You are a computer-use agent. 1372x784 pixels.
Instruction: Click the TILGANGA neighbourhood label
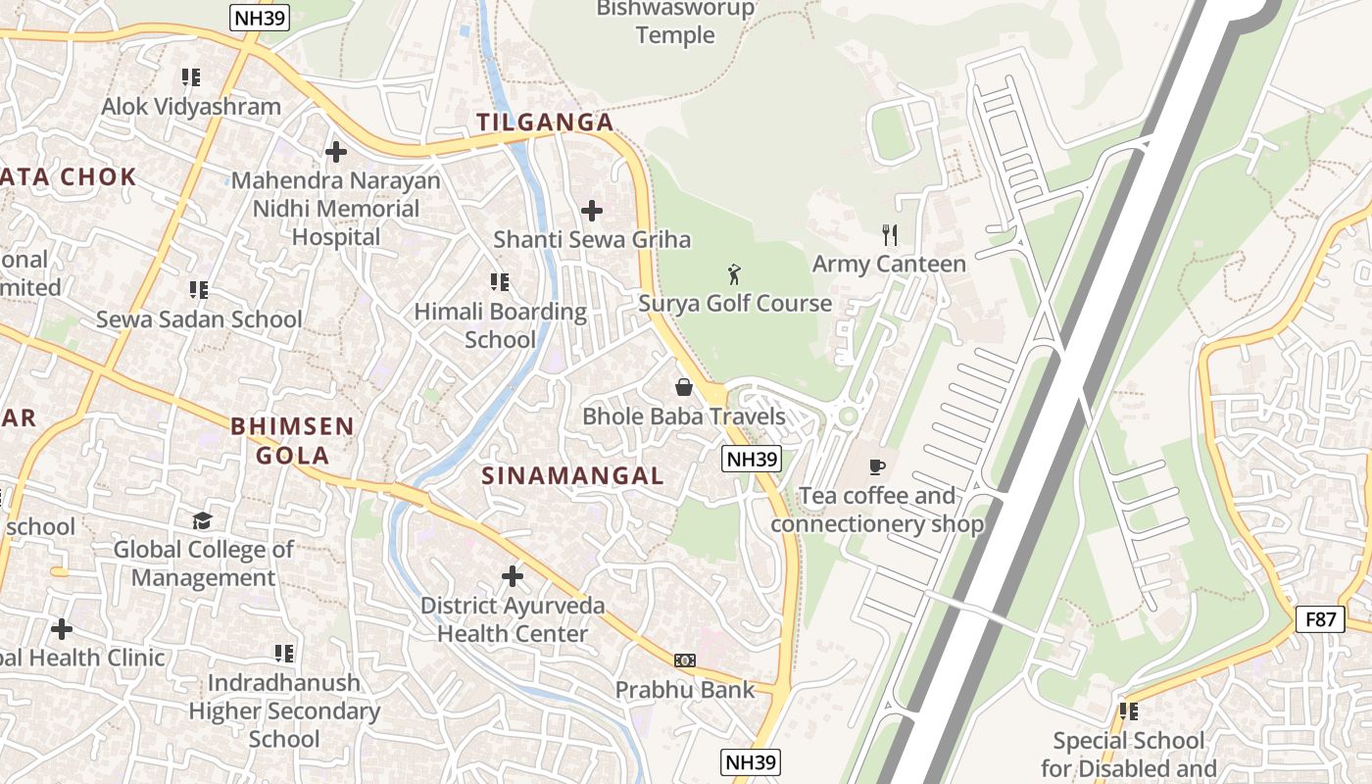[x=545, y=122]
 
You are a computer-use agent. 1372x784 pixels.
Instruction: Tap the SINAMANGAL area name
[x=572, y=476]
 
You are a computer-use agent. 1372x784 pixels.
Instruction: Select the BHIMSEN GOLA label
[x=292, y=441]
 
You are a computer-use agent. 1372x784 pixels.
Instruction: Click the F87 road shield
[x=1319, y=619]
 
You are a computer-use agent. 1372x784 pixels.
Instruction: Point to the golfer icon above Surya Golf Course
[x=734, y=274]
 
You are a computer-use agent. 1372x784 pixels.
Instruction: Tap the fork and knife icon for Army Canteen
[x=889, y=235]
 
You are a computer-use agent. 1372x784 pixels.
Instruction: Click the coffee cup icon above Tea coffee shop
[x=876, y=466]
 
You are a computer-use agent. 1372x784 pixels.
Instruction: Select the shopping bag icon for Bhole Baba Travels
[x=684, y=387]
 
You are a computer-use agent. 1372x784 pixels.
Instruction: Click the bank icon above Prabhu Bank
[x=685, y=661]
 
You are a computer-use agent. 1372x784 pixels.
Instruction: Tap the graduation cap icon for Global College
[x=203, y=520]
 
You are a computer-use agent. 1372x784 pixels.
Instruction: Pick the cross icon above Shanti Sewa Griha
[x=591, y=211]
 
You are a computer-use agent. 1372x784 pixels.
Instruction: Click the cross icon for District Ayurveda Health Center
[x=512, y=576]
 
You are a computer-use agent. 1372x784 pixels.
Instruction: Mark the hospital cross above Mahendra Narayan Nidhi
[x=336, y=152]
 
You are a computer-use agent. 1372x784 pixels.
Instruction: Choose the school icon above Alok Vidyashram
[x=191, y=77]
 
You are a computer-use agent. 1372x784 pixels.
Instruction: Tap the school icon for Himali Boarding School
[x=500, y=283]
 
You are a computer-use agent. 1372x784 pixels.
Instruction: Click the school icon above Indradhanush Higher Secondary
[x=284, y=653]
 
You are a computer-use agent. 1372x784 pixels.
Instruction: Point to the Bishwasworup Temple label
[x=676, y=22]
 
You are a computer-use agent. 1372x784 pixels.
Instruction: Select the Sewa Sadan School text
[x=199, y=319]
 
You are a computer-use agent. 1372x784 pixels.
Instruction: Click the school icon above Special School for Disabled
[x=1128, y=711]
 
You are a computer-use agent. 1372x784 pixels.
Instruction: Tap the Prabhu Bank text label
[x=685, y=690]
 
